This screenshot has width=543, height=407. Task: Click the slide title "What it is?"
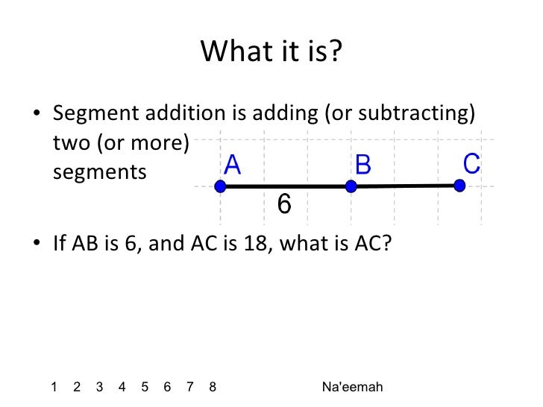(x=271, y=51)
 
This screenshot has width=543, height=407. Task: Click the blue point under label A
(x=219, y=186)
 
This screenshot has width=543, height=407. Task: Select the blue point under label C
(x=459, y=185)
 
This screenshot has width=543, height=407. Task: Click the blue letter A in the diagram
(x=233, y=165)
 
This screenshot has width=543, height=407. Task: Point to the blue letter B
(x=362, y=165)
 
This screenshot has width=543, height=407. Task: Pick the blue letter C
(x=471, y=163)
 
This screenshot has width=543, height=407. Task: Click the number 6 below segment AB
(x=284, y=203)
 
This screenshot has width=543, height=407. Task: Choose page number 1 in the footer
(x=54, y=386)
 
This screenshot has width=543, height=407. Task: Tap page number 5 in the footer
(x=145, y=386)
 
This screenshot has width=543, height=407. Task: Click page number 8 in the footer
(x=213, y=386)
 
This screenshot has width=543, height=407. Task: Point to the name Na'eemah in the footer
(x=353, y=386)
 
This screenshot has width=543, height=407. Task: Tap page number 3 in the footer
(x=100, y=386)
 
